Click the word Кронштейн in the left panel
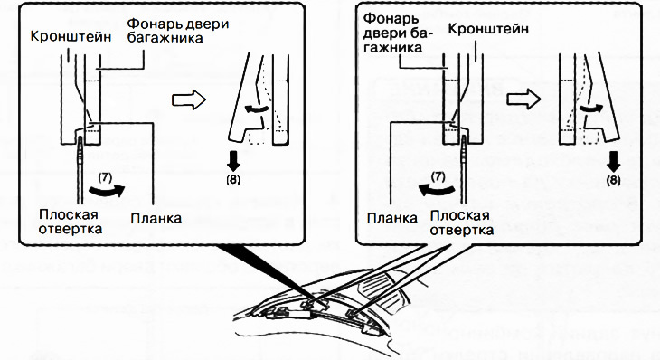[71, 36]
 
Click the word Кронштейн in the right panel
[488, 29]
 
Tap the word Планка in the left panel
[156, 219]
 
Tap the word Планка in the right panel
[392, 218]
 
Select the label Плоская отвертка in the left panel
[71, 222]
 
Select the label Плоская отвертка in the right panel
[462, 223]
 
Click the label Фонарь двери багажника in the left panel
[178, 31]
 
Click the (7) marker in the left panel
[105, 177]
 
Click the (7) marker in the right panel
[438, 176]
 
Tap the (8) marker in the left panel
[232, 179]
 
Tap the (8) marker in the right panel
[613, 180]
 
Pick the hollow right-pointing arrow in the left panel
[189, 99]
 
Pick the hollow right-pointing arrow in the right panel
[523, 99]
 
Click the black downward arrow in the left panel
[233, 160]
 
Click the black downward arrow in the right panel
[614, 161]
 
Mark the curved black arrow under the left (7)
[107, 192]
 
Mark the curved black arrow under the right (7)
[437, 191]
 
